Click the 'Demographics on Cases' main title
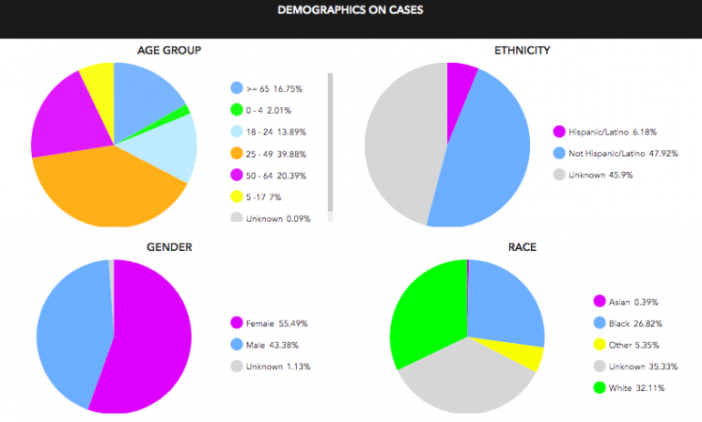click(351, 11)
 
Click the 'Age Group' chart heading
click(168, 50)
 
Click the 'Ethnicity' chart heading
click(521, 50)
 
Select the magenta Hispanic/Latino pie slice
click(460, 78)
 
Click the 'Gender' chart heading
click(168, 246)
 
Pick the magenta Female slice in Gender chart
click(150, 337)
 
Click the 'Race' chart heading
click(521, 246)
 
